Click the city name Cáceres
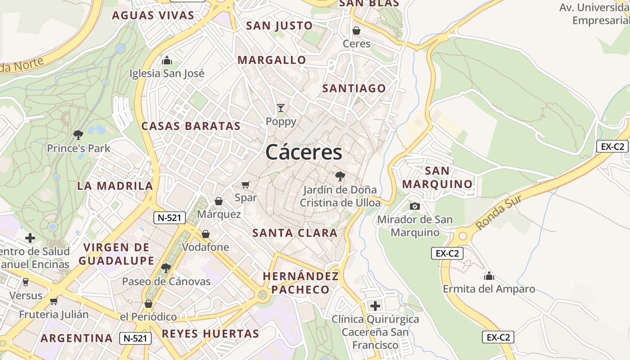coord(304,152)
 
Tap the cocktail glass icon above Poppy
coord(281,108)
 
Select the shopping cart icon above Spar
coord(245,184)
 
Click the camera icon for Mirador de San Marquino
coord(415,206)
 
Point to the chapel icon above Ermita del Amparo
coord(489,275)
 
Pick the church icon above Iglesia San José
coord(167,60)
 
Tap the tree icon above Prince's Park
coord(78,134)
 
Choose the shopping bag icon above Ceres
coord(356,31)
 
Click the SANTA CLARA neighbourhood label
coord(295,233)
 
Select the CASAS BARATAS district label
coord(191,126)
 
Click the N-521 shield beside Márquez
coord(170,218)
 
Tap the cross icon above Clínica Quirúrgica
coord(375,306)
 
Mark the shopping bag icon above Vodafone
coord(206,234)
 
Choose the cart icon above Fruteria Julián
coord(54,301)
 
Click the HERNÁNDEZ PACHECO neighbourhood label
coord(301,283)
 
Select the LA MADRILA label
coord(115,186)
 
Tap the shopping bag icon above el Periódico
coord(148,304)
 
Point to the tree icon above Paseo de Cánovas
coord(166,268)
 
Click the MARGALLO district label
coord(272,60)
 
